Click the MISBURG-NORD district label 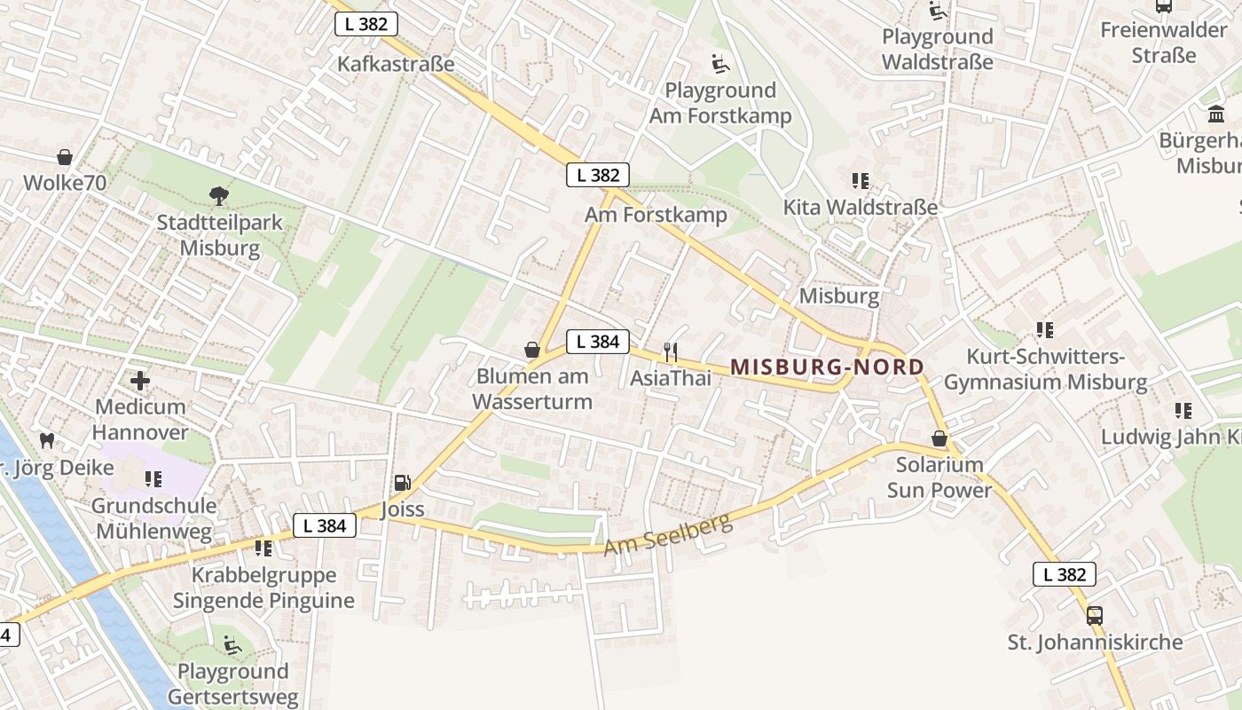click(x=827, y=367)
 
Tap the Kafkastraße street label click(x=396, y=64)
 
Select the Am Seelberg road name click(x=669, y=533)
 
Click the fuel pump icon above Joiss click(x=402, y=483)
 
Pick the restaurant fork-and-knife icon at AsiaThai click(x=671, y=352)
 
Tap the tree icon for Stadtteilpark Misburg click(x=218, y=195)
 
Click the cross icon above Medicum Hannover click(x=140, y=381)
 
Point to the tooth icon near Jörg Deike click(x=48, y=440)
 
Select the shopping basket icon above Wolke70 click(x=65, y=157)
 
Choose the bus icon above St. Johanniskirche click(x=1095, y=615)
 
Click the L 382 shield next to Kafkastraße click(x=366, y=24)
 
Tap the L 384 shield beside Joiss click(x=324, y=525)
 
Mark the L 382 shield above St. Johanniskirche click(x=1065, y=574)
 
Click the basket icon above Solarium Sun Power click(x=939, y=438)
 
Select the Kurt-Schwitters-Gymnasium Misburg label click(x=1045, y=370)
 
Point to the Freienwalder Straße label click(x=1164, y=43)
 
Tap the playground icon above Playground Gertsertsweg click(x=232, y=645)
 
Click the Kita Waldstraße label click(x=860, y=208)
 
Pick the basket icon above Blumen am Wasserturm click(x=532, y=350)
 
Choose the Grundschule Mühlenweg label click(x=154, y=519)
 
